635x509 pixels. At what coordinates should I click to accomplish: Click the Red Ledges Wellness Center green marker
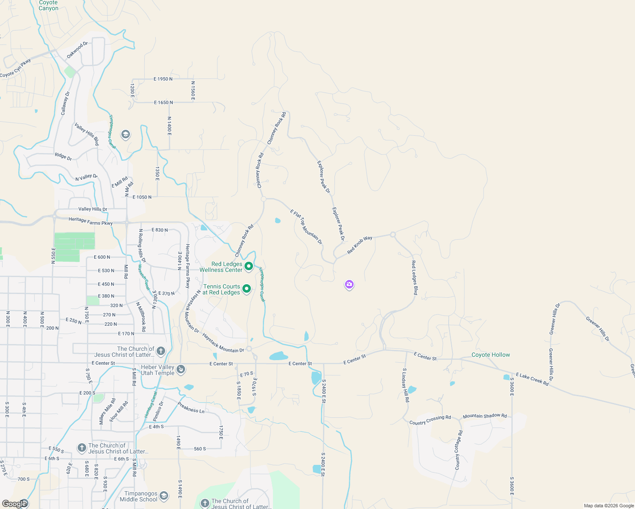coord(249,266)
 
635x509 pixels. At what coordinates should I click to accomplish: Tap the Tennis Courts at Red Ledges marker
coord(247,289)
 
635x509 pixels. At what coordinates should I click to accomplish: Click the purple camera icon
coord(349,285)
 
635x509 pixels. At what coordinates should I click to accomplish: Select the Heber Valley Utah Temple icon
coord(181,369)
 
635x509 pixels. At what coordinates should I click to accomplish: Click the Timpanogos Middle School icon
coord(164,496)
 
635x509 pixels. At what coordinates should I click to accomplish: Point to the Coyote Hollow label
coord(491,355)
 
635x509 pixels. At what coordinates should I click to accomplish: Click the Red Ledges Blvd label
coord(415,278)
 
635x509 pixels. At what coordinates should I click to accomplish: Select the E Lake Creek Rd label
coord(532,379)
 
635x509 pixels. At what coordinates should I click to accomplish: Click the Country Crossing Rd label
coord(430,420)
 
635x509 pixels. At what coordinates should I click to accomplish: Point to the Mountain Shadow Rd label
coord(485,416)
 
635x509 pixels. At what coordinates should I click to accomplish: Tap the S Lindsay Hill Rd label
coord(405,385)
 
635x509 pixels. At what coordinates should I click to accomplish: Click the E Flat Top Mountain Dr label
coord(306,227)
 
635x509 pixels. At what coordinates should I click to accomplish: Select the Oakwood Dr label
coord(77,50)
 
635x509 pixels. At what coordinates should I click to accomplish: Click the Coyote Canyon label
coord(48,6)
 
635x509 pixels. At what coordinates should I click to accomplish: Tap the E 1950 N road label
coord(163,79)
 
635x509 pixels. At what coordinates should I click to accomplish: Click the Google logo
coord(14,504)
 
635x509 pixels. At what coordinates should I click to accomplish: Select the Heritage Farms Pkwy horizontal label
coord(91,221)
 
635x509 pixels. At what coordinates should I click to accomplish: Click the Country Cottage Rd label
coord(458,450)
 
